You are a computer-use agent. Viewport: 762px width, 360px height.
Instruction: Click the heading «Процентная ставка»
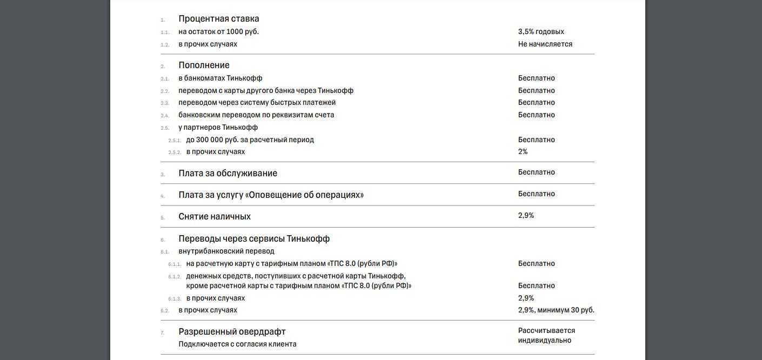[219, 19]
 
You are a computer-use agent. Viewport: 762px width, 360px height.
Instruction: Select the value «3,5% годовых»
[541, 32]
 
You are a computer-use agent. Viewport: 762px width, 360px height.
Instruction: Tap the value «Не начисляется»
[545, 44]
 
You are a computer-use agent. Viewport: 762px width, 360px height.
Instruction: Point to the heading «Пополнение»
[204, 65]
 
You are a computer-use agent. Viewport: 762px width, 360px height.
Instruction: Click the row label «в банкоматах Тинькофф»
[220, 78]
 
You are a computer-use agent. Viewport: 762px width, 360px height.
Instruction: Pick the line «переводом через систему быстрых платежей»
[257, 103]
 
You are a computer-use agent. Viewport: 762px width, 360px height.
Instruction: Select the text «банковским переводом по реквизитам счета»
[256, 115]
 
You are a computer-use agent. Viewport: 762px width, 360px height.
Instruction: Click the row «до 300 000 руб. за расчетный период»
[250, 140]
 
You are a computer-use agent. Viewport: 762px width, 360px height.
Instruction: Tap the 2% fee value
[523, 152]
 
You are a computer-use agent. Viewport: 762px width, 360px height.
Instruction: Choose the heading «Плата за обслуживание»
[228, 174]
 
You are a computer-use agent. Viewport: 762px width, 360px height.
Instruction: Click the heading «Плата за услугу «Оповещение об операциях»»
[271, 195]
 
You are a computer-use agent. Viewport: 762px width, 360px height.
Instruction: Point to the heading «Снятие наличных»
[215, 217]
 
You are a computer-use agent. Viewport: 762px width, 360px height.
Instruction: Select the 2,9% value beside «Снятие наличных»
[526, 216]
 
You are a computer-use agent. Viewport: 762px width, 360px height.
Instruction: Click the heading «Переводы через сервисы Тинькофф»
[254, 239]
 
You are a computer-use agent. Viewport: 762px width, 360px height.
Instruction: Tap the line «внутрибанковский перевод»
[226, 251]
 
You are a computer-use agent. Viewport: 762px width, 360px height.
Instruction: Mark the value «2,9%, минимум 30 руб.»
[556, 310]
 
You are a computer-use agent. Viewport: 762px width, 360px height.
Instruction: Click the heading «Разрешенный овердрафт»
[232, 332]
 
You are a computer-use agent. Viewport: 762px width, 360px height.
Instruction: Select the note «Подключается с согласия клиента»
[237, 344]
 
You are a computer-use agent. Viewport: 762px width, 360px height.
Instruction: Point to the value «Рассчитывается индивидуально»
[546, 336]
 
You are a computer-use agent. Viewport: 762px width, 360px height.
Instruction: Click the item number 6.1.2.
[174, 277]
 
